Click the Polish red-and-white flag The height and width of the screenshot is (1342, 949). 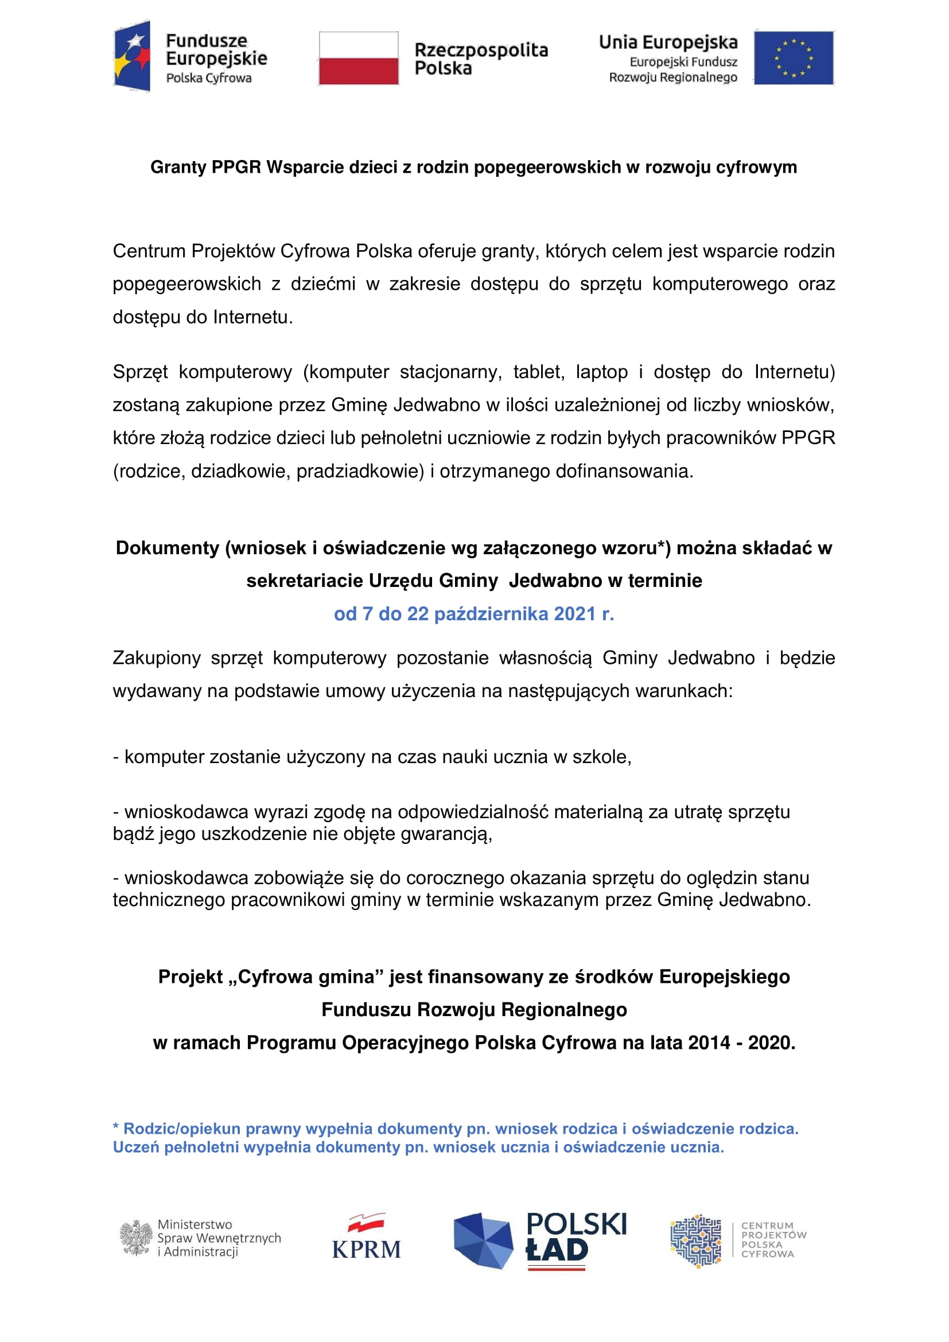tap(358, 58)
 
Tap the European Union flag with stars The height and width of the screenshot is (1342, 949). tap(793, 58)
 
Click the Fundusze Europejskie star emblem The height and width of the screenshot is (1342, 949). tap(133, 56)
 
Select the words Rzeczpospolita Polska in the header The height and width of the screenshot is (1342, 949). tap(481, 59)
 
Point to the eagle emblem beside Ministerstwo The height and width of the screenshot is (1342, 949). tap(136, 1238)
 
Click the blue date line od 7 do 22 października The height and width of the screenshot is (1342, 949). tap(474, 614)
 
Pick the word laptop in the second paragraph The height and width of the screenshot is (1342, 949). tap(602, 372)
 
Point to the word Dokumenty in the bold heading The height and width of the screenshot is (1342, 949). tap(167, 548)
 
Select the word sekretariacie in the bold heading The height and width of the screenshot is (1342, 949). tap(305, 581)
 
